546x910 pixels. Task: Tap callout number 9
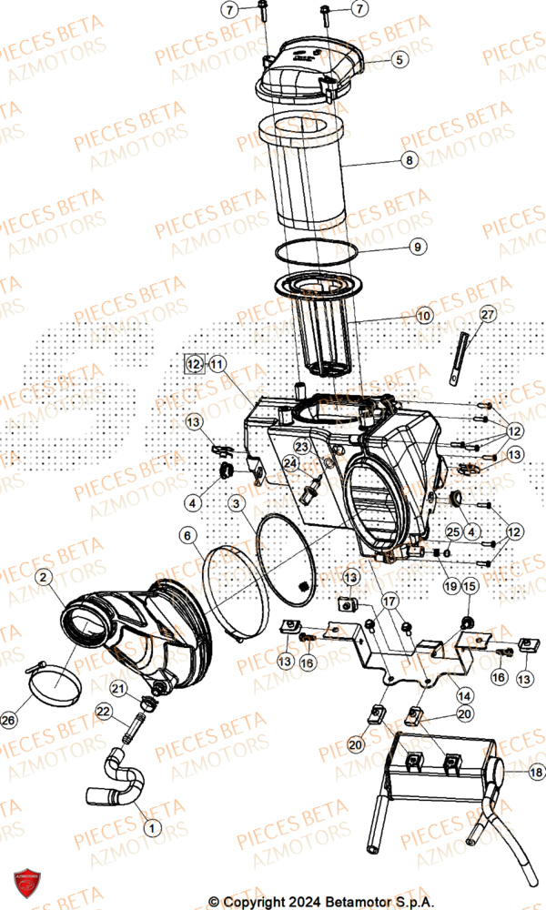click(x=416, y=246)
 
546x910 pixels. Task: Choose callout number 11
click(x=216, y=363)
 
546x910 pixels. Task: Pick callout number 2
click(x=43, y=577)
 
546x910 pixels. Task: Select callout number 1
click(x=151, y=827)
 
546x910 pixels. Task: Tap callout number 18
click(x=536, y=773)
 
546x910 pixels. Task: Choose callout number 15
click(x=470, y=588)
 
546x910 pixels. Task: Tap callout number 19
click(x=451, y=587)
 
